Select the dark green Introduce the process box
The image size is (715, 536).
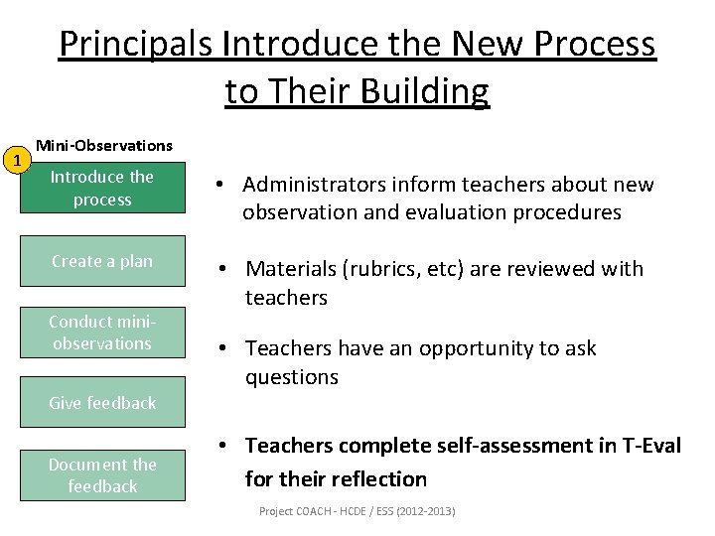(x=102, y=188)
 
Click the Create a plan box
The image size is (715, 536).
(x=102, y=261)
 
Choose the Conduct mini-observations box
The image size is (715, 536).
(x=102, y=333)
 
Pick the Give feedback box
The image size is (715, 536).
(x=102, y=402)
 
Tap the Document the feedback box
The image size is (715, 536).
(x=102, y=474)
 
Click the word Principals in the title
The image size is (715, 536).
(x=137, y=45)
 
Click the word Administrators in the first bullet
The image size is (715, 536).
(x=314, y=185)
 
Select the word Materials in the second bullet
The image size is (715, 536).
(x=294, y=269)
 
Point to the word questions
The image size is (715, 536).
(x=292, y=377)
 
